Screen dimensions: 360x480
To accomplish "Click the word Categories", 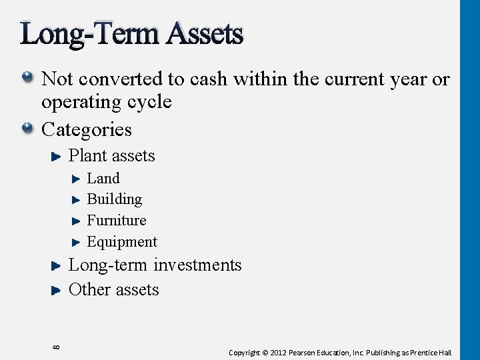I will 87,129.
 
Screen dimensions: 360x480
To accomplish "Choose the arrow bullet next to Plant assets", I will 56,156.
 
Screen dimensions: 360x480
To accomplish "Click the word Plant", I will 85,156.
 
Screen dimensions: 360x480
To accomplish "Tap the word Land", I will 103,179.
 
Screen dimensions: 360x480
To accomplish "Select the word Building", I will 115,199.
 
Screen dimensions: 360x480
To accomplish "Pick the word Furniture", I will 117,220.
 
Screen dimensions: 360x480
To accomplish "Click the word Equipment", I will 122,241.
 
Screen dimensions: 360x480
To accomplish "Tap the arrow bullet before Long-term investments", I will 56,265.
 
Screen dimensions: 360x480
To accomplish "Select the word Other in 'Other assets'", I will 87,289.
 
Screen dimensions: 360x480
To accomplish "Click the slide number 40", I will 56,347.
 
